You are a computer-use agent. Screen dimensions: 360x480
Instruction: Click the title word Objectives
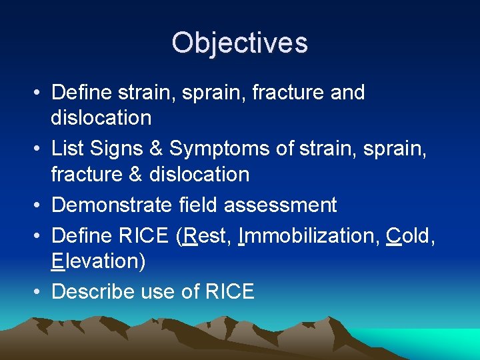coord(239,43)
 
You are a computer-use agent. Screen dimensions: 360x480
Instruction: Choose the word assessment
coord(280,205)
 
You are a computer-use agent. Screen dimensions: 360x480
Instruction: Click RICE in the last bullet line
coord(229,291)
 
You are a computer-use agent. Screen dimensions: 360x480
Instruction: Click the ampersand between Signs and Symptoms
coord(157,147)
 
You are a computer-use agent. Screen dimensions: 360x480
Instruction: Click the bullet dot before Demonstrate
coord(39,205)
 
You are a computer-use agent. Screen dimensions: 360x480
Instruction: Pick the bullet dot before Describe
coord(39,292)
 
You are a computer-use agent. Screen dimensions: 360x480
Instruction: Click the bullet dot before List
coord(39,148)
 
